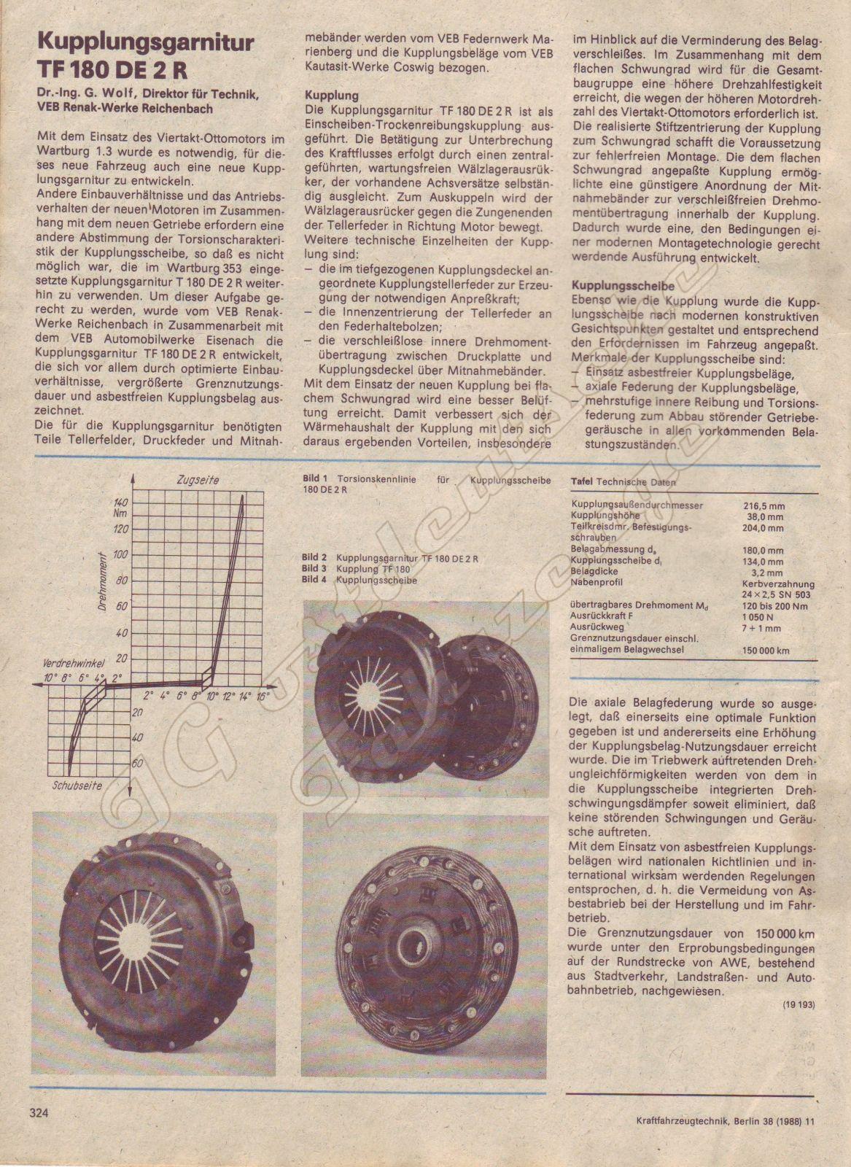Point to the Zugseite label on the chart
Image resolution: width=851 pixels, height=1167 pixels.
pos(197,480)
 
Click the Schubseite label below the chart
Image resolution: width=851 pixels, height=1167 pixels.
pos(77,786)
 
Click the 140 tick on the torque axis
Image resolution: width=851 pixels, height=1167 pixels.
pos(121,502)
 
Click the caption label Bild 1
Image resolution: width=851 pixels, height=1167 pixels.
pos(314,480)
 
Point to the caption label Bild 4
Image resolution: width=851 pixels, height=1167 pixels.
pos(314,580)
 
